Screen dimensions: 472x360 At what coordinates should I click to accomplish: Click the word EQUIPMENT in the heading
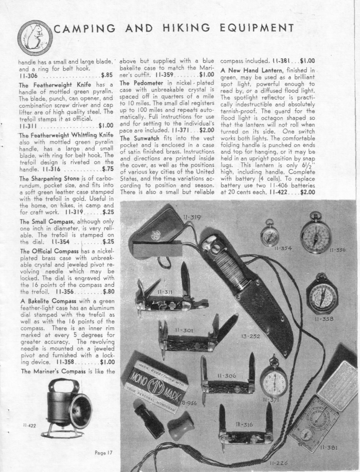(261, 29)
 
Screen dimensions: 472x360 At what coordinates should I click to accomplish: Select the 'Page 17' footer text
(103, 453)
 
